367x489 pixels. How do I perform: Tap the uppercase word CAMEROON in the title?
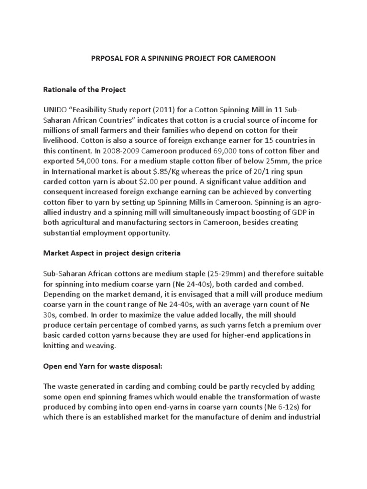[x=254, y=59]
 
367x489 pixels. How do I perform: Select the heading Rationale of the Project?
[x=85, y=89]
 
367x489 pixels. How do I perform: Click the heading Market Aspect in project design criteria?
[x=112, y=253]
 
